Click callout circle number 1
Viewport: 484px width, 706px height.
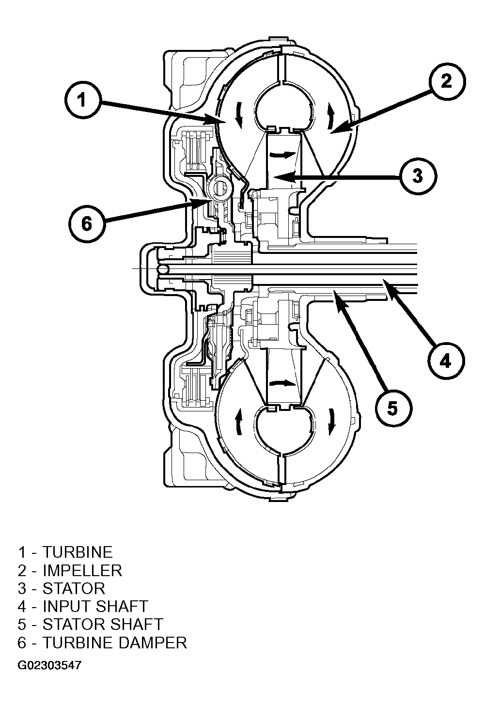(82, 100)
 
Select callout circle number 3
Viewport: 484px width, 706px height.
(418, 176)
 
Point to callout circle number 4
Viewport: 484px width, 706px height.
(446, 361)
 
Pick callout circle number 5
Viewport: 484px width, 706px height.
(393, 408)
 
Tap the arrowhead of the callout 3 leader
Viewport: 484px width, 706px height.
(280, 178)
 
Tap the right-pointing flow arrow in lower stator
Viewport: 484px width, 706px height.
(283, 383)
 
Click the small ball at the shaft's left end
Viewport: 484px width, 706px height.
(163, 269)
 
